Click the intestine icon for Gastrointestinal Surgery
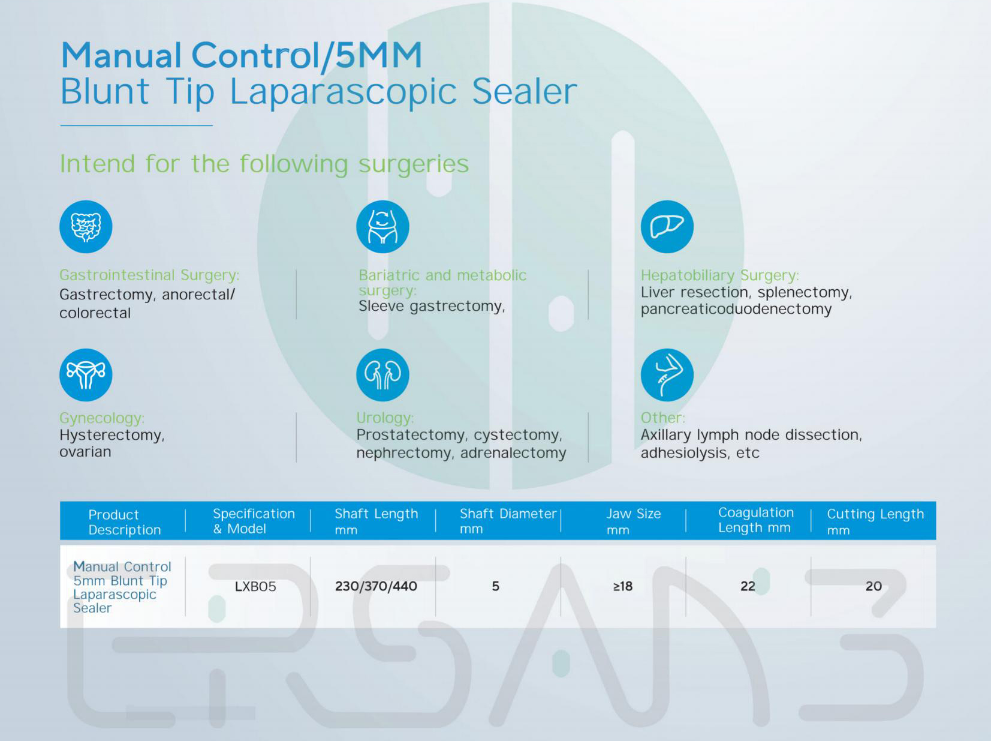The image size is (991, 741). coord(86,227)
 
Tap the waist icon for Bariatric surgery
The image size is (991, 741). coord(382,227)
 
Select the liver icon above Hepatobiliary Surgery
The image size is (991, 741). coord(667,227)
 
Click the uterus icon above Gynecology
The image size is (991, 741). coord(86,375)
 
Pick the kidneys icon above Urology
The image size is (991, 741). coord(382,375)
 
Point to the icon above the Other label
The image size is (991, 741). coord(667,375)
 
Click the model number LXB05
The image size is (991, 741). coord(255,586)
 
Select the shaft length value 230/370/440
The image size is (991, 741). coord(376,586)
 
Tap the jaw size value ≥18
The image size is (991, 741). coord(622,586)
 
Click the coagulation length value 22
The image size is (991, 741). coord(748,586)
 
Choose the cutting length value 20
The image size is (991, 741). coord(873,586)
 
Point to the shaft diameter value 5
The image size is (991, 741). coord(495,586)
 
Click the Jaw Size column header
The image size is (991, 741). coord(634,521)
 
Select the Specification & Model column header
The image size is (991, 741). coord(254,521)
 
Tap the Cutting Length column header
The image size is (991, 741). coord(875,521)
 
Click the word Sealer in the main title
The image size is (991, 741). coord(525,91)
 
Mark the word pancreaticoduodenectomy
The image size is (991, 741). coord(736,310)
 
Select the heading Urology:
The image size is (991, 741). coord(385,418)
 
